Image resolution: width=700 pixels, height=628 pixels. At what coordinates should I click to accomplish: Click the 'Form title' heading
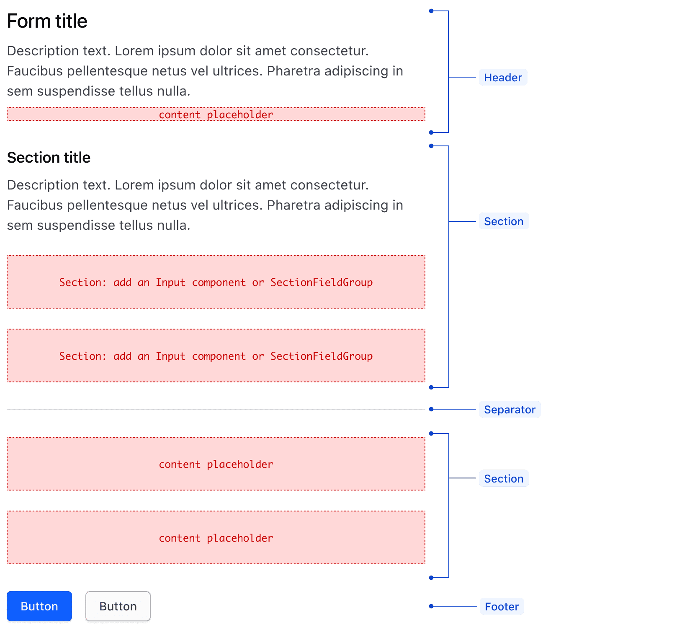coord(47,21)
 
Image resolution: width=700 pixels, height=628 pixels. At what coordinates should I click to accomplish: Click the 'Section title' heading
coord(49,158)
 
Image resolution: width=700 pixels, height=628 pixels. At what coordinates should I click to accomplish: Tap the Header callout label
coord(503,78)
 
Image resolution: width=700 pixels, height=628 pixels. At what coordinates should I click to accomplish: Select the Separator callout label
coord(510,410)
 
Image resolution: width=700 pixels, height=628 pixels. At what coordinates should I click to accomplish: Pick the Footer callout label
coord(502,607)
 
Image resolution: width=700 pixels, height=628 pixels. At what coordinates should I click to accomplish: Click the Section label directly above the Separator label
coord(504,221)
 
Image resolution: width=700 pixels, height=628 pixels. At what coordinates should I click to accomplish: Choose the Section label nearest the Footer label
coord(504,479)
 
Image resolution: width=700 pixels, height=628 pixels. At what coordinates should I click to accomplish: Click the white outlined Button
coord(118,606)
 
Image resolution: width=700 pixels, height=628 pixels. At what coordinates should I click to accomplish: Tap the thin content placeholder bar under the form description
coord(216,114)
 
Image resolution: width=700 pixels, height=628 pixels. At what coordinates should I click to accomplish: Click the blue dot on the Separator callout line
coord(431,409)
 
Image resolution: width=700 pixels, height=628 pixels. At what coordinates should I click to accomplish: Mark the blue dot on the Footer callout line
coord(431,606)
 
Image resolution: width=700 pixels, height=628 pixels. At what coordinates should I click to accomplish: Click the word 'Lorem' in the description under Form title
coord(134,51)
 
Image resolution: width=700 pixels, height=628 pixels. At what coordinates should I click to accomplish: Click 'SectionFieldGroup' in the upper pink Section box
coord(321,283)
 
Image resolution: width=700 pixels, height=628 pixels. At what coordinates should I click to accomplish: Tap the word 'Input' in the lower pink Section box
coord(170,356)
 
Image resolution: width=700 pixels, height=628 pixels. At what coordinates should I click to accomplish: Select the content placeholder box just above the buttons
coord(216,538)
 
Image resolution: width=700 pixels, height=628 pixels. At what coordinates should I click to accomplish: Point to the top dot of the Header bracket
coord(431,11)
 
